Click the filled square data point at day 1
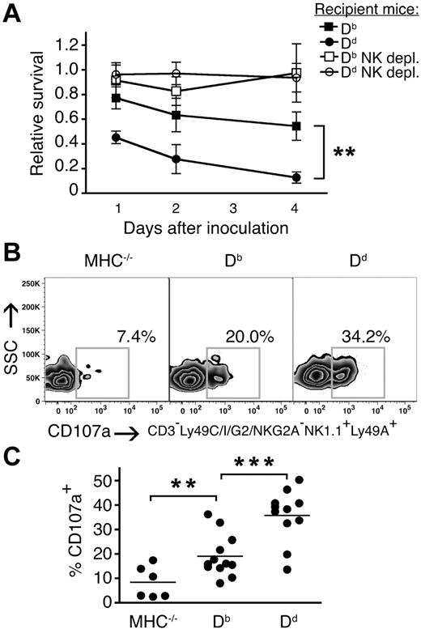117,98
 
